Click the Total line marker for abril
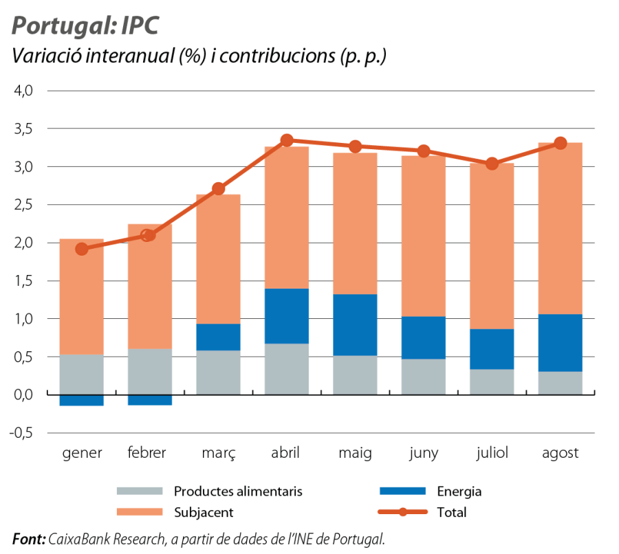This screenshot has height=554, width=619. [x=287, y=140]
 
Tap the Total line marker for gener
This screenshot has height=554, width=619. [x=82, y=249]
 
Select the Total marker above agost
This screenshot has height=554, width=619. [x=560, y=143]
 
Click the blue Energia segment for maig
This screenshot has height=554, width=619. [x=356, y=324]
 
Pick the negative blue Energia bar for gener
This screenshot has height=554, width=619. [x=82, y=400]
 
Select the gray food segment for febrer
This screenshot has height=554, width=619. [x=150, y=371]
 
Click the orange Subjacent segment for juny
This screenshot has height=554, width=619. [x=424, y=236]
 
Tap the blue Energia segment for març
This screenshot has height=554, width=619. [x=218, y=337]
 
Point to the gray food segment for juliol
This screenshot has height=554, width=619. [x=492, y=381]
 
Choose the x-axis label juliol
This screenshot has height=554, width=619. [x=492, y=453]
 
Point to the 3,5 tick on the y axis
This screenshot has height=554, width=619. [x=23, y=129]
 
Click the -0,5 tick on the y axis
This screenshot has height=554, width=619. [x=21, y=433]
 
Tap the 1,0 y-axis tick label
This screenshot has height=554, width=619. [x=23, y=319]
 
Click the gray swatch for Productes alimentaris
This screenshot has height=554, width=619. [x=140, y=491]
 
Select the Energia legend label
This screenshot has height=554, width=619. [x=459, y=491]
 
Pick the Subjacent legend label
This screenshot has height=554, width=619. [x=204, y=513]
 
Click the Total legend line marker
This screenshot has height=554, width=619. [x=402, y=512]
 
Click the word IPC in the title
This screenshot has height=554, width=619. [x=140, y=25]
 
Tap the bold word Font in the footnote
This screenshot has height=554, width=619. [x=29, y=539]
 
